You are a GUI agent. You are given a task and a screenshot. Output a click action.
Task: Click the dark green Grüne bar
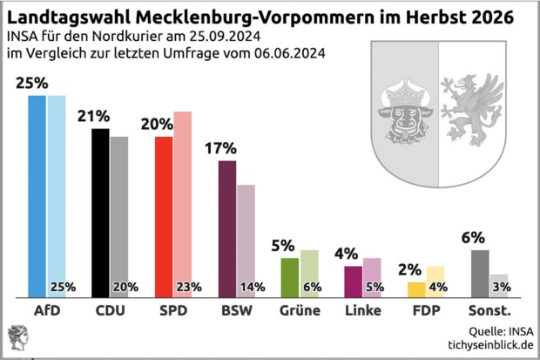[289, 276]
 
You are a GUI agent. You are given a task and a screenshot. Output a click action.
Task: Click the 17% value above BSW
[219, 147]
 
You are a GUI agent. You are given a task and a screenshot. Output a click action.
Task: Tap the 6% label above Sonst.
[473, 236]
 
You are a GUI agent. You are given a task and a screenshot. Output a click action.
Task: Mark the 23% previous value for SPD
[189, 287]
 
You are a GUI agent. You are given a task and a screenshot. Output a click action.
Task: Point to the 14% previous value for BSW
[252, 287]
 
